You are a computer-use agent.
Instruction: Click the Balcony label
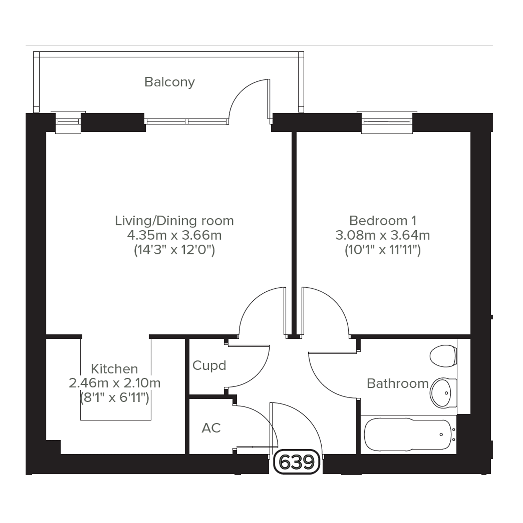(x=170, y=82)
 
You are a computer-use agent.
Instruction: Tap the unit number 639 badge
(x=297, y=462)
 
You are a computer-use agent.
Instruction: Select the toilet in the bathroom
(x=443, y=356)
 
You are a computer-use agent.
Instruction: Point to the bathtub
(x=409, y=434)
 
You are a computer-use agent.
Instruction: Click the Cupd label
(x=209, y=365)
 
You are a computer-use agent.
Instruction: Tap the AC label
(x=211, y=428)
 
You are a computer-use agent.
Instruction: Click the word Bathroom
(x=398, y=384)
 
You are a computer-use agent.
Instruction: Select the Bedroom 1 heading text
(x=383, y=221)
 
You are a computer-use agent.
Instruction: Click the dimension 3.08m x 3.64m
(x=383, y=235)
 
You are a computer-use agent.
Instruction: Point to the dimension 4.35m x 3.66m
(x=174, y=235)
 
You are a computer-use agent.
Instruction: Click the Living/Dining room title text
(x=174, y=221)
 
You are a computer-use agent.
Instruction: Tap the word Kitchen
(x=114, y=369)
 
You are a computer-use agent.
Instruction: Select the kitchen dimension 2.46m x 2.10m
(x=114, y=383)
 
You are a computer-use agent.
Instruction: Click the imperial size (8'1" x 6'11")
(x=114, y=398)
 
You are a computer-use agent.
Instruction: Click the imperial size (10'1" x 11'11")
(x=383, y=250)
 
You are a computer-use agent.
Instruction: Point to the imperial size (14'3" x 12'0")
(x=174, y=250)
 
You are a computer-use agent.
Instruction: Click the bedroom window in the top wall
(x=387, y=122)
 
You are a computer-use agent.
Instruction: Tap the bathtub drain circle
(x=441, y=434)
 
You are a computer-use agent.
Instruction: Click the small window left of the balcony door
(x=68, y=122)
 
